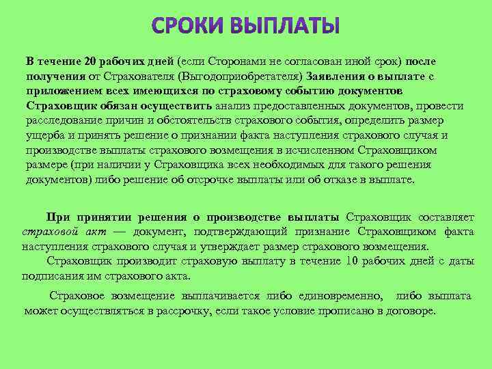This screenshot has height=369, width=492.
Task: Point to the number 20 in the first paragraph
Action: pos(92,62)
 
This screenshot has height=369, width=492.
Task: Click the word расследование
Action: pos(66,121)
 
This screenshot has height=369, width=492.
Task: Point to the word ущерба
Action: pos(45,135)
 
